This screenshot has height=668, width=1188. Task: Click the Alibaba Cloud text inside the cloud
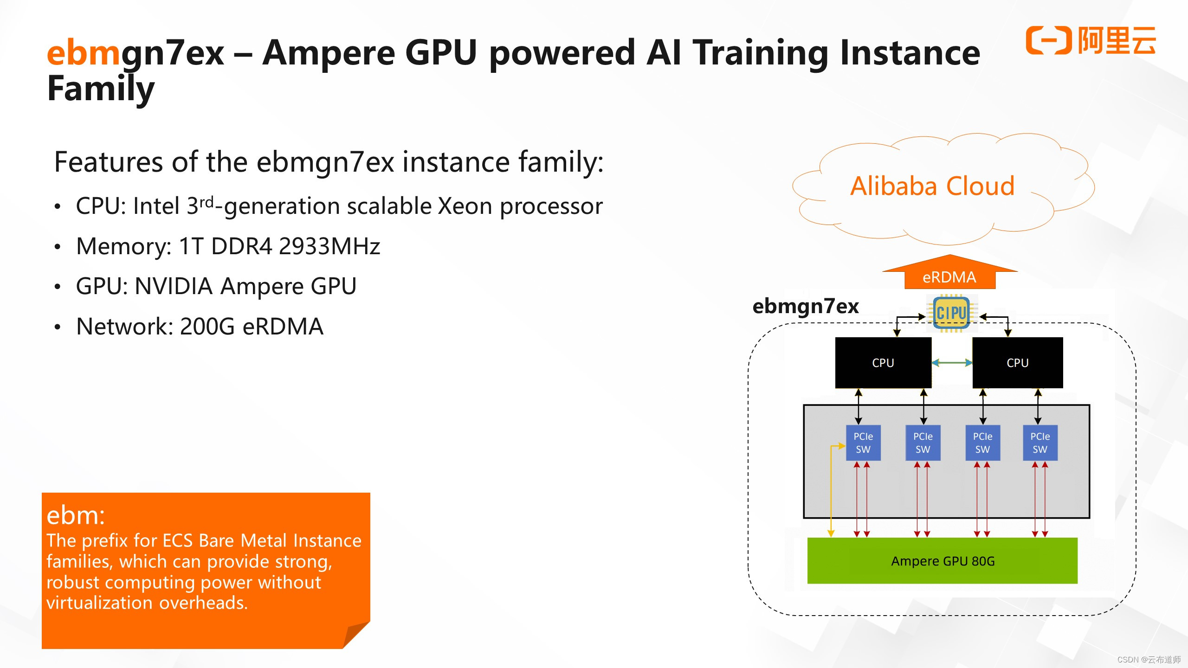coord(932,186)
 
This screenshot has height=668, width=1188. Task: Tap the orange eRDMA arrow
coord(949,274)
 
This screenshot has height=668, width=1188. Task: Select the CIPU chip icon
coord(951,313)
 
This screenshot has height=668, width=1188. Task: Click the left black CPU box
coord(883,363)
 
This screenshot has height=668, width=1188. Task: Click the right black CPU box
coord(1017,363)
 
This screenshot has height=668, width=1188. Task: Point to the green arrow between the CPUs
coord(952,363)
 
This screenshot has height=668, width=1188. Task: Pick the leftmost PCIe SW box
coord(863,443)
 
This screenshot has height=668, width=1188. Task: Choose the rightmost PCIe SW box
coord(1040,443)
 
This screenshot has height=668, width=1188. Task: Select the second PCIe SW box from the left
coord(923,443)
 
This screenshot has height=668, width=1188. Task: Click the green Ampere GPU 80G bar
coord(942,561)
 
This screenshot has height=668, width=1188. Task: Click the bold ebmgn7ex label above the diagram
coord(805,306)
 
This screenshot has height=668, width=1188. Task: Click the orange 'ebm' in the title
coord(84,53)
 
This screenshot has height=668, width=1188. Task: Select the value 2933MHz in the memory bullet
coord(329,246)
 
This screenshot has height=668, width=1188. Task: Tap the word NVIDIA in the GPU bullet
coord(174,286)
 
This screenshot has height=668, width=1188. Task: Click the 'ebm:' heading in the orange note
coord(76,515)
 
